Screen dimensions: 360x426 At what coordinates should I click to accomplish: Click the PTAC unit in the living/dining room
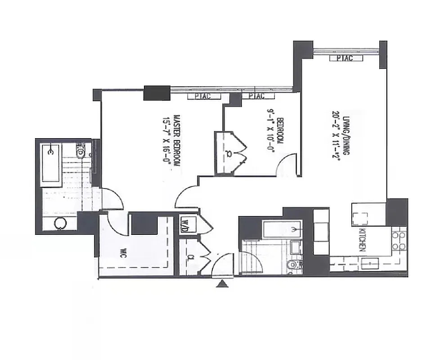coord(341,58)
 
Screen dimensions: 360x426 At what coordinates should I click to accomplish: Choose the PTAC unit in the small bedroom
coord(253,96)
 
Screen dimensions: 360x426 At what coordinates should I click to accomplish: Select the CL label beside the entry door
coord(191,258)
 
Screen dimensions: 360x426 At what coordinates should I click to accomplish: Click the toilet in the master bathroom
coord(80,152)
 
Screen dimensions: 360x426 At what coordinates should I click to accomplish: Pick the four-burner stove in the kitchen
coord(399,241)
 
